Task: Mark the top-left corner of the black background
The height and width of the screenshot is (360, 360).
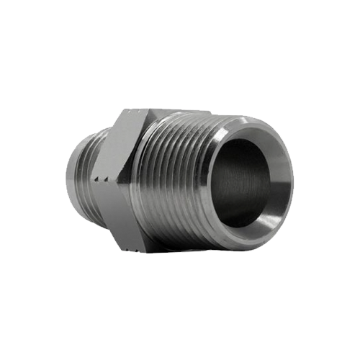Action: coord(2,2)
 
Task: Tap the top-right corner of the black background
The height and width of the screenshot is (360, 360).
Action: coord(357,2)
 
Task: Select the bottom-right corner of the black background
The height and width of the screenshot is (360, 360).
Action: coord(357,357)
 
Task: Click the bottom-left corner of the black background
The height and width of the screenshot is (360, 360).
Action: coord(2,357)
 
